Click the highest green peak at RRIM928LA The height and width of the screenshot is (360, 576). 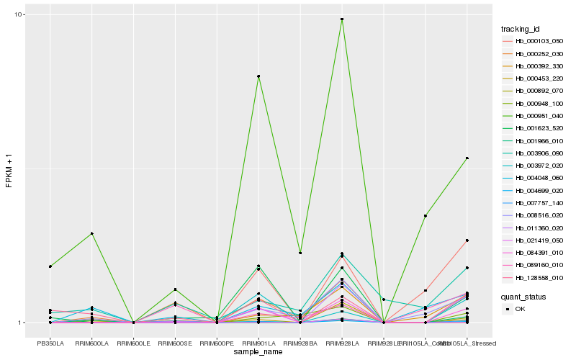(342, 19)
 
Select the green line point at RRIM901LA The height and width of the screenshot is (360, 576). (258, 76)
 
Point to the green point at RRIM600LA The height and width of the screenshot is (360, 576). (91, 233)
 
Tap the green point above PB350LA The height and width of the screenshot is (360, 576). (50, 266)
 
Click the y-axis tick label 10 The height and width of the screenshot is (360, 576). (19, 15)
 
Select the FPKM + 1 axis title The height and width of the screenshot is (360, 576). (9, 168)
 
